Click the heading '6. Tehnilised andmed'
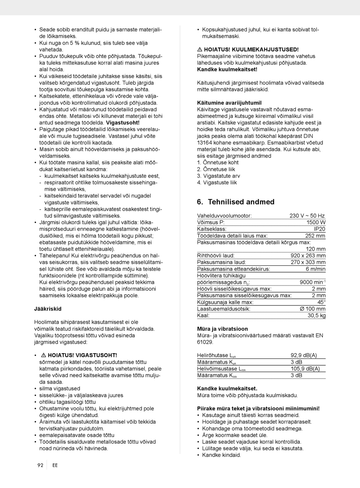[236, 202]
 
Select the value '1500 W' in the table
[316, 222]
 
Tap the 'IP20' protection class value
[319, 229]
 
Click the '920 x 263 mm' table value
[308, 256]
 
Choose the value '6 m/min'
[315, 269]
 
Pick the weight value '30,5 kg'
[316, 315]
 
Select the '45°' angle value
[321, 302]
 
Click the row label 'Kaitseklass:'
[212, 229]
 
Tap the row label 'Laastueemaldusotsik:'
[224, 309]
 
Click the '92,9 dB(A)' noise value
[304, 355]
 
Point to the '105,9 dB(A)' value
[305, 368]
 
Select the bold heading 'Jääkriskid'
[48, 309]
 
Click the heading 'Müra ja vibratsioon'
[222, 329]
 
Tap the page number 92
[40, 465]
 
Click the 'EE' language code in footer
[55, 465]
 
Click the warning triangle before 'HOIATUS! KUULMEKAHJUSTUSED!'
[200, 50]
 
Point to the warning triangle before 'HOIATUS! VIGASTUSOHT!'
[43, 355]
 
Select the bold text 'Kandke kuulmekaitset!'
[227, 69]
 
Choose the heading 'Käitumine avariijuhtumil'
[229, 103]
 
